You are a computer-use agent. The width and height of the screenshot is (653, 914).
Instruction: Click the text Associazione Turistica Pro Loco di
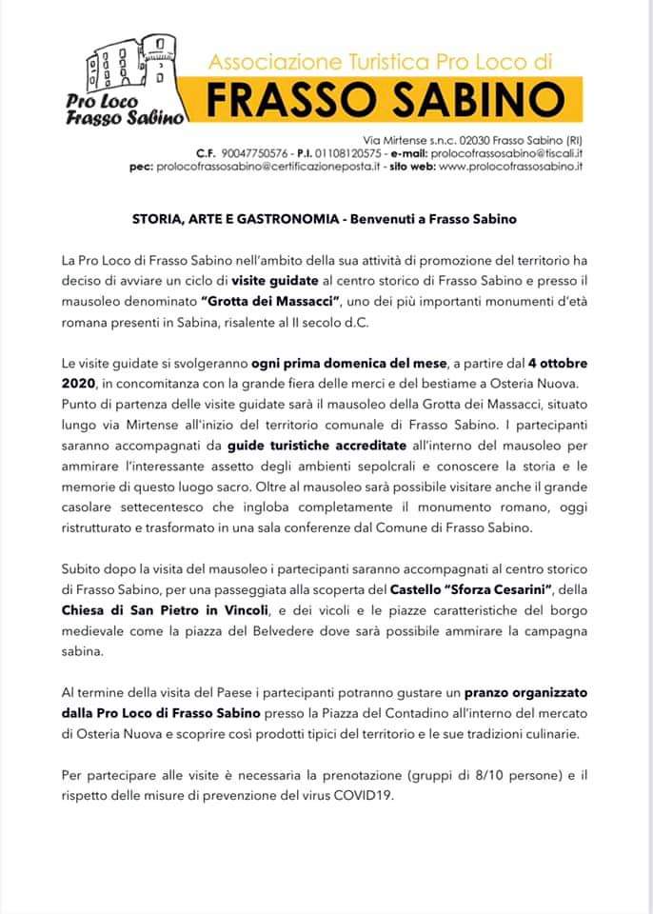click(380, 62)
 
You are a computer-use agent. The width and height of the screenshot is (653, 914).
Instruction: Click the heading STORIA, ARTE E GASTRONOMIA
click(237, 219)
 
